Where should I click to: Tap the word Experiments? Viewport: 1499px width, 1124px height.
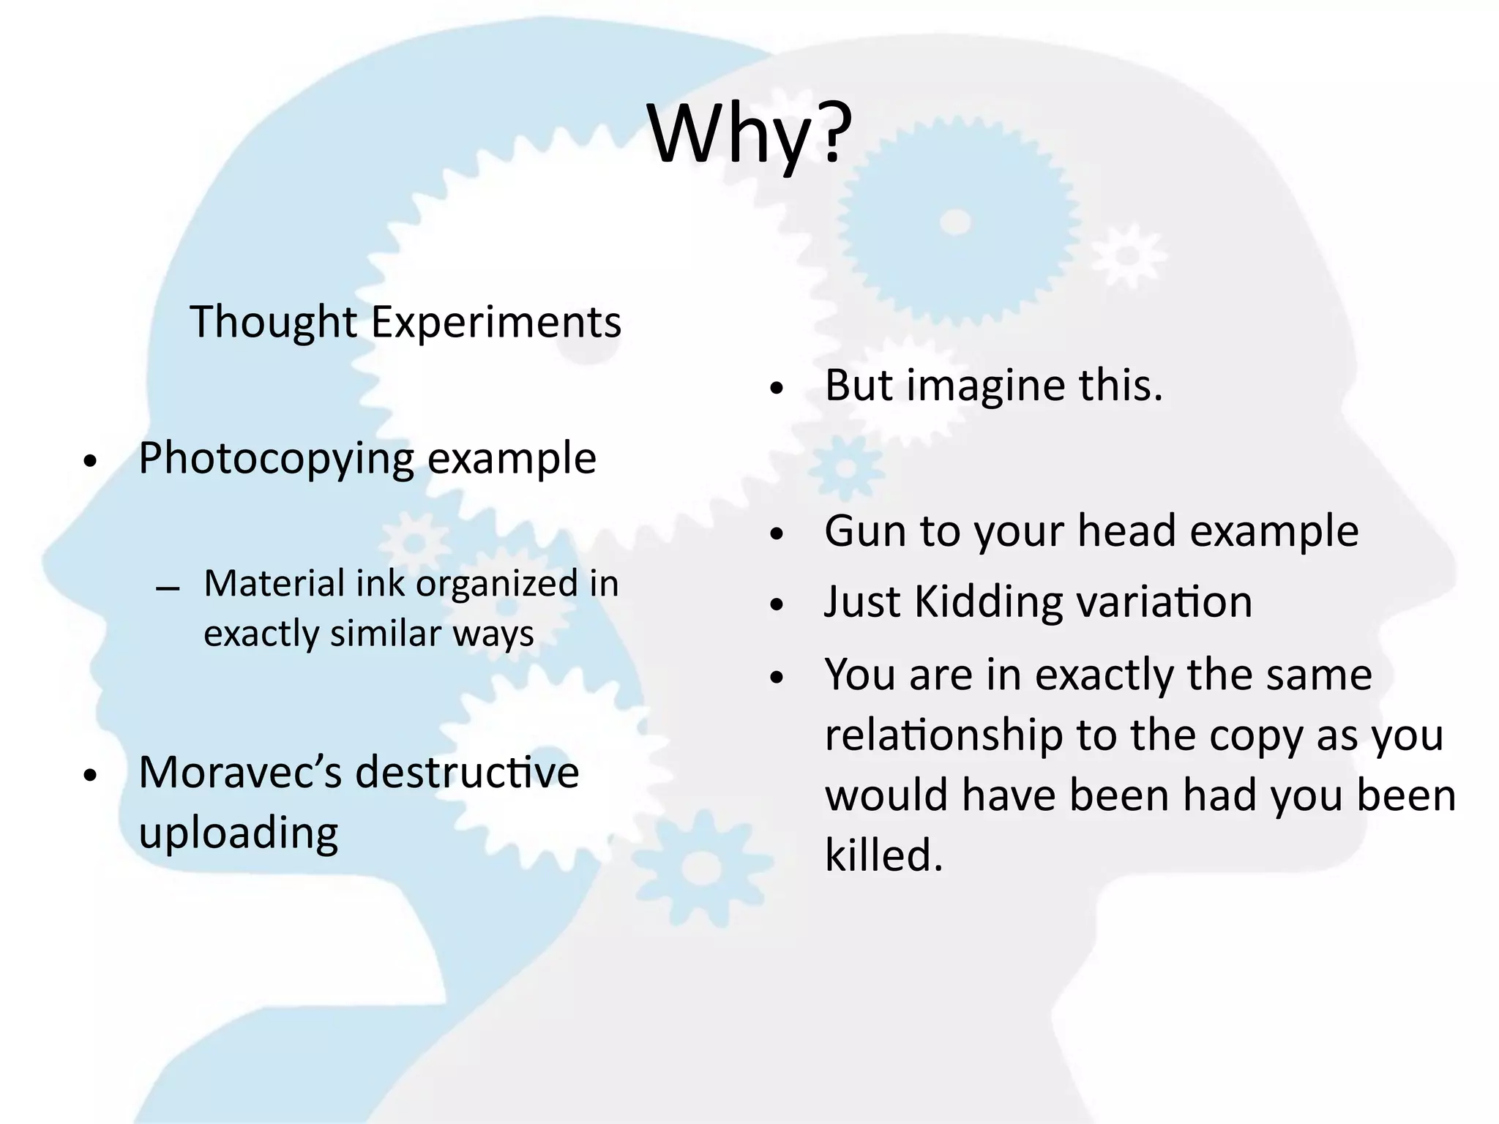tap(496, 322)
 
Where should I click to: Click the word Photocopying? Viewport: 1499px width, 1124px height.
tap(276, 460)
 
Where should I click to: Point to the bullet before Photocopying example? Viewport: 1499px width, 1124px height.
tap(89, 462)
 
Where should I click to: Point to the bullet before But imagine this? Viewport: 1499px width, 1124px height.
tap(777, 389)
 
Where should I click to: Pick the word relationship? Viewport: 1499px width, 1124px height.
tap(943, 735)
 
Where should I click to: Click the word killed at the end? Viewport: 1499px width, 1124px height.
tap(883, 855)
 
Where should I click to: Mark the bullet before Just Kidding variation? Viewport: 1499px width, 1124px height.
tap(777, 606)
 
